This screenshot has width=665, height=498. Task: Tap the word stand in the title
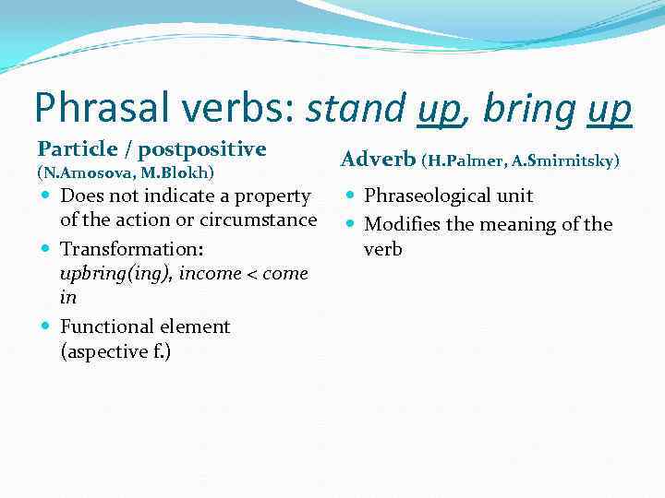point(357,109)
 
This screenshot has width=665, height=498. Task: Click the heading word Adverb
point(378,160)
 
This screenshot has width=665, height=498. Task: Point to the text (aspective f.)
point(115,350)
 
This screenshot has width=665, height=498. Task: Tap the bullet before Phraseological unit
point(352,196)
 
